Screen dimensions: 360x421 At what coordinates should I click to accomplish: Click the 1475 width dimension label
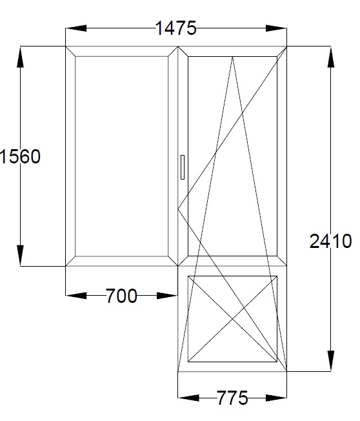176,28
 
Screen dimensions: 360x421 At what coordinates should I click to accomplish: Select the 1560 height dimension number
21,156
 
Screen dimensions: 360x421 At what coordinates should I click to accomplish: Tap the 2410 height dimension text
330,241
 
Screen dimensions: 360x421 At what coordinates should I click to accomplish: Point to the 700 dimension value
121,296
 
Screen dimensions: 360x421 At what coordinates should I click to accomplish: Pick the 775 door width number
232,398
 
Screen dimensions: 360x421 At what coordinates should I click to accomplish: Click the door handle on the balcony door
183,167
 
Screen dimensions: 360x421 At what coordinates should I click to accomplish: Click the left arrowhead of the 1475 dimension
76,28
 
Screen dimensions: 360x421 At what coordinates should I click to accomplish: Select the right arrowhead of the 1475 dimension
276,28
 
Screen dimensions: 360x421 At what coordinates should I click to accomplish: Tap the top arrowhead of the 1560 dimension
20,57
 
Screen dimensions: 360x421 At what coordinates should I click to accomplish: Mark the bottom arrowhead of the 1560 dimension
20,256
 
